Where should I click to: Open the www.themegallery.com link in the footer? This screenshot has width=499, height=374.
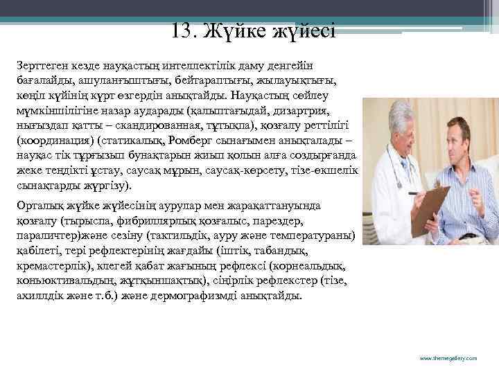coord(449,358)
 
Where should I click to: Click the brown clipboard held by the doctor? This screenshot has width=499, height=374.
coord(428,207)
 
